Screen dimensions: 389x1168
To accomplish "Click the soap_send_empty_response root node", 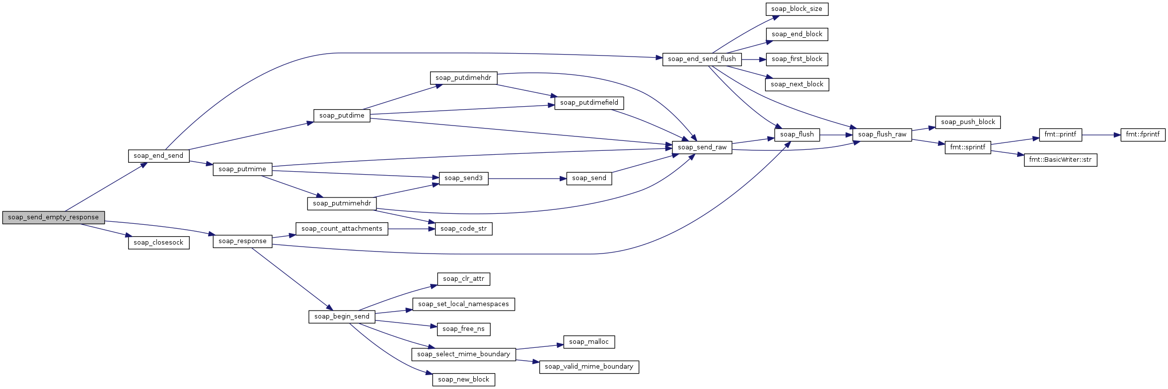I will click(53, 217).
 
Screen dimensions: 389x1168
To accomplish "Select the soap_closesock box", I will click(158, 243).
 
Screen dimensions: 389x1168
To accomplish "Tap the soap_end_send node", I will click(158, 156).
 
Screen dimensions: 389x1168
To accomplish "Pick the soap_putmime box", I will click(242, 169).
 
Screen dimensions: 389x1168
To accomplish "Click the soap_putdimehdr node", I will click(463, 78).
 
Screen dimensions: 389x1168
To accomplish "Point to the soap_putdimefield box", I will click(589, 103).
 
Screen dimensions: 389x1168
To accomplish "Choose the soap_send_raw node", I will click(702, 147).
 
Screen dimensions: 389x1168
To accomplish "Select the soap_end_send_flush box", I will click(702, 59).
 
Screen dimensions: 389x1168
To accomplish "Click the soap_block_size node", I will click(797, 9).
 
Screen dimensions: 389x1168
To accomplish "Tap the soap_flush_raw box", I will click(882, 134).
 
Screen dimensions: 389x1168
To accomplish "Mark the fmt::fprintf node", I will click(1143, 134).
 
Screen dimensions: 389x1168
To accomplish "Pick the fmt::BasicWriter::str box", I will click(1060, 160).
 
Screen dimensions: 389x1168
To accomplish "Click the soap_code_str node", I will click(463, 229).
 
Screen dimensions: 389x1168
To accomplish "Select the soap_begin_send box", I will click(342, 317).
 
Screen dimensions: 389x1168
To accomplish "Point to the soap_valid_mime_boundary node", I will click(589, 367).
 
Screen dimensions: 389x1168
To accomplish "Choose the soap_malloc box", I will click(589, 342).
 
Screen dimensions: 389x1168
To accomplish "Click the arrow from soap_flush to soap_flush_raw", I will click(836, 134).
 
